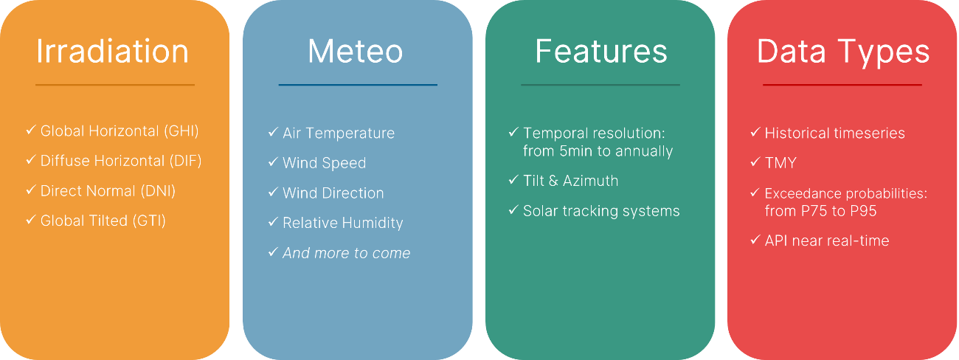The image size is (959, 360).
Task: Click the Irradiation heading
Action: pyautogui.click(x=112, y=52)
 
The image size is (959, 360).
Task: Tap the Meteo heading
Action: pyautogui.click(x=356, y=52)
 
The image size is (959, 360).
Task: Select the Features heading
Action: pyautogui.click(x=601, y=52)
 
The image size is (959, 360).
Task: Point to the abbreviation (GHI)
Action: pyautogui.click(x=181, y=131)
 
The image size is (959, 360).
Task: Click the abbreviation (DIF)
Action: pyautogui.click(x=185, y=161)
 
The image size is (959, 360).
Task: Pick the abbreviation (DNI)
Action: pyautogui.click(x=159, y=191)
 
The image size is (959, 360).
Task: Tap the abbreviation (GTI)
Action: pyautogui.click(x=149, y=221)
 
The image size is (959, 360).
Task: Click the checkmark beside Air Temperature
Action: pyautogui.click(x=273, y=132)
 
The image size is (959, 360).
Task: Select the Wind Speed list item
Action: pyautogui.click(x=324, y=163)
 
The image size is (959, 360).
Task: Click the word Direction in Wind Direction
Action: pyautogui.click(x=353, y=193)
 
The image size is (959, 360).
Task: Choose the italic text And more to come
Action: pyautogui.click(x=347, y=253)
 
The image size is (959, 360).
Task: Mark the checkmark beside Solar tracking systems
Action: pyautogui.click(x=513, y=210)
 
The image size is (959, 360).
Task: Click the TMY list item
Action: pyautogui.click(x=780, y=163)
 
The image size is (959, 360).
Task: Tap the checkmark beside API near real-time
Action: pyautogui.click(x=755, y=240)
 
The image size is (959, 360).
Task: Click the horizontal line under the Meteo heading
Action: pyautogui.click(x=358, y=85)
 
